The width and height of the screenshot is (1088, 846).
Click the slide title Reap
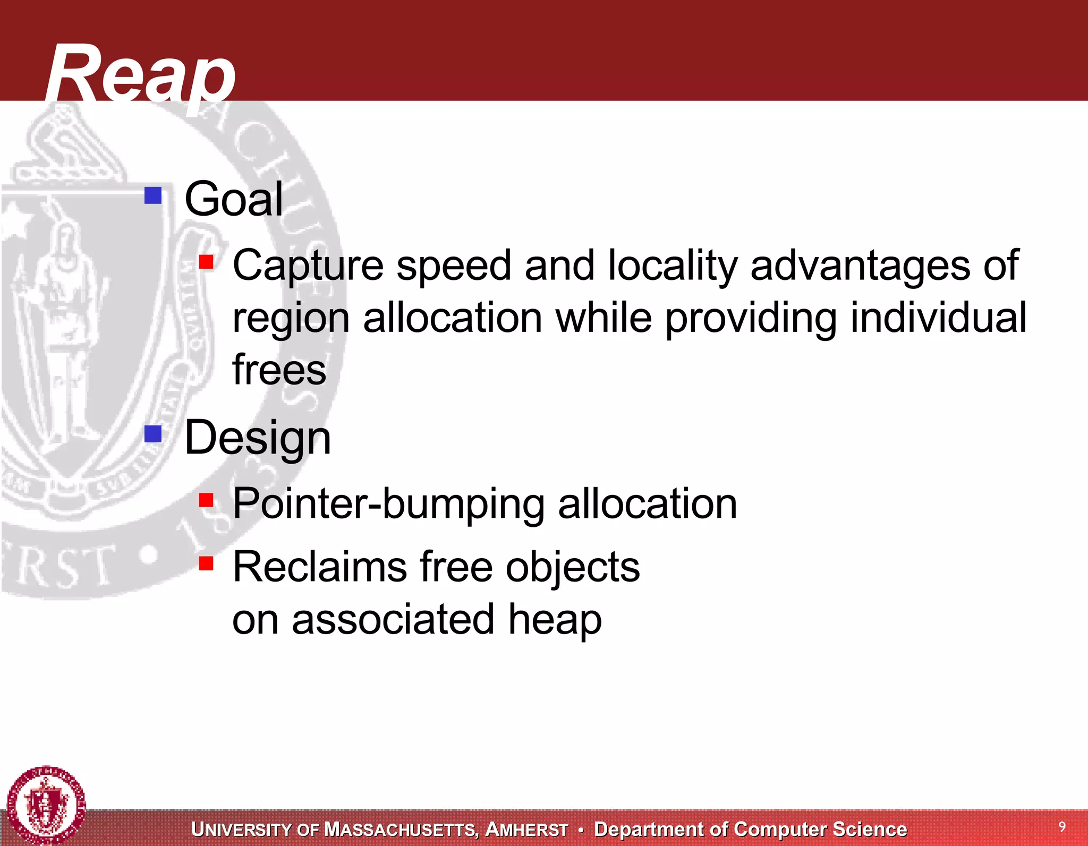click(140, 74)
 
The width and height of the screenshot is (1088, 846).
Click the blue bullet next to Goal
click(153, 195)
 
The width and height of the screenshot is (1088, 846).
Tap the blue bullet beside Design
click(153, 434)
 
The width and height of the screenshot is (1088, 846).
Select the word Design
click(258, 438)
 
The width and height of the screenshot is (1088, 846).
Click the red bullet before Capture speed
click(206, 262)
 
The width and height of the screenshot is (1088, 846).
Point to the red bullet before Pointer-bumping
click(206, 500)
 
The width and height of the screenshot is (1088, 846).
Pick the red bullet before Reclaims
click(206, 563)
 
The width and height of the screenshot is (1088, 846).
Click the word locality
click(673, 266)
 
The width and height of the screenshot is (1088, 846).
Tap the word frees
click(279, 370)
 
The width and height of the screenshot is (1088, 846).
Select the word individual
click(938, 318)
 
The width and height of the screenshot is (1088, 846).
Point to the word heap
click(555, 619)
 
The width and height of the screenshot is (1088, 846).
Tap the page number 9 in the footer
click(1062, 826)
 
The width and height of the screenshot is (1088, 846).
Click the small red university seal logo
click(46, 805)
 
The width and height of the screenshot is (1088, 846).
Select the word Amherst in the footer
click(526, 830)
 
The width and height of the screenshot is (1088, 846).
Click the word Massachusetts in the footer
click(401, 830)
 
